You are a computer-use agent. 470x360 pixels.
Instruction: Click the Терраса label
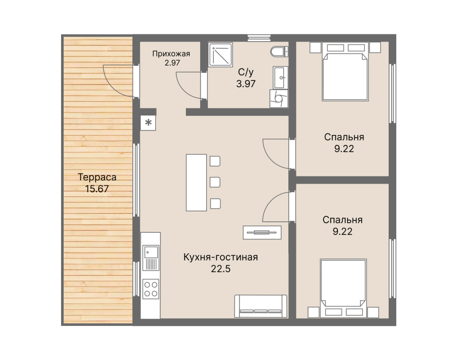[97, 177]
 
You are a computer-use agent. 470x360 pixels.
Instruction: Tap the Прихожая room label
[171, 54]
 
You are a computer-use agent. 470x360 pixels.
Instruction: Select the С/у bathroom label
[246, 72]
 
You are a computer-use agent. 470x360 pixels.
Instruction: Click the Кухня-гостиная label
[220, 257]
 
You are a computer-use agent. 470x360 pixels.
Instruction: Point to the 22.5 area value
[220, 269]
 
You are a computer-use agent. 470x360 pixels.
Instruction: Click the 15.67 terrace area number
[97, 189]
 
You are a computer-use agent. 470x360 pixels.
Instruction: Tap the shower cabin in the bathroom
[221, 54]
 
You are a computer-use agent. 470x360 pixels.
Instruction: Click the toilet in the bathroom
[279, 51]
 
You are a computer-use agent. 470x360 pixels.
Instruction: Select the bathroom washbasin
[280, 78]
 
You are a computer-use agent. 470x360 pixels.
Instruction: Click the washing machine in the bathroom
[279, 99]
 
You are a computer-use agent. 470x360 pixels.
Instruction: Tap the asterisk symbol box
[148, 123]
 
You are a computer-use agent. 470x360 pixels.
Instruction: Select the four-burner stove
[151, 289]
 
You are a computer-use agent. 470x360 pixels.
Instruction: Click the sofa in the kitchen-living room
[261, 306]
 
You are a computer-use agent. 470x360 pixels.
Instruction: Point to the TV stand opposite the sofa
[262, 232]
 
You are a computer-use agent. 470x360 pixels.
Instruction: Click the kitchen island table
[196, 183]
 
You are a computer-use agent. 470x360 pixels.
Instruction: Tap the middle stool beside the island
[215, 182]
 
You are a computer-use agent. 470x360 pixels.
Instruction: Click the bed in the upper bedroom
[345, 72]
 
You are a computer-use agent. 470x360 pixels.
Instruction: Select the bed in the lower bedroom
[344, 288]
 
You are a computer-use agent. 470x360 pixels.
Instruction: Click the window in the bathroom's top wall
[259, 38]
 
